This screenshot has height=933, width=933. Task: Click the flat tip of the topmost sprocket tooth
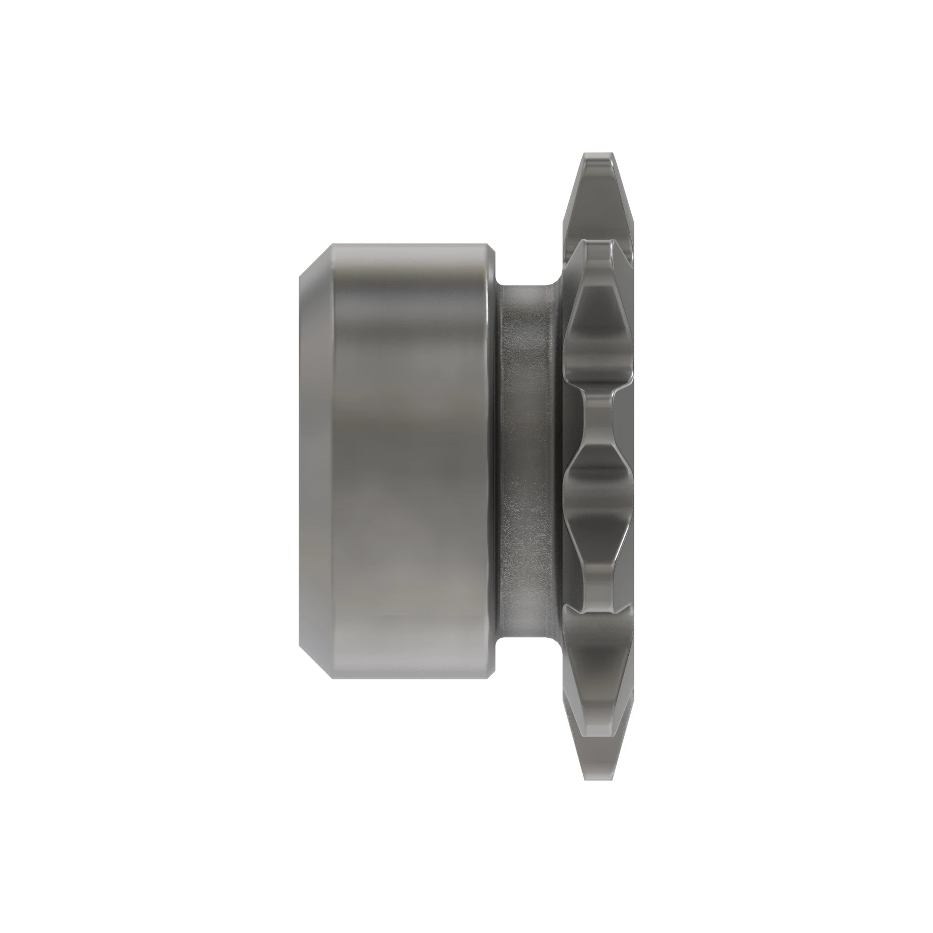tap(599, 155)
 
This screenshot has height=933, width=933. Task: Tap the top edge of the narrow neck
tap(526, 285)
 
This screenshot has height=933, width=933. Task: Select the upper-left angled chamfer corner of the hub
tap(314, 261)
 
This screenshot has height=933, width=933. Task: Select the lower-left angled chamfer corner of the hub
tap(314, 661)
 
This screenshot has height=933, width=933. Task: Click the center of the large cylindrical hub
tap(411, 461)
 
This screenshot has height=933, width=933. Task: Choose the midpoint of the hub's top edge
tap(411, 244)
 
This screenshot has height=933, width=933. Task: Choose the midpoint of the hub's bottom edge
tap(411, 678)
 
